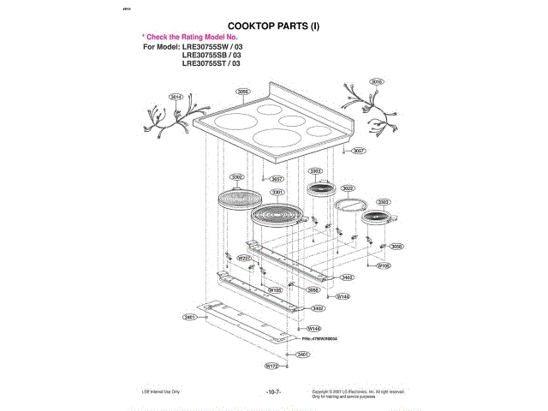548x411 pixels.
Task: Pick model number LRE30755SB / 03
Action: coord(212,55)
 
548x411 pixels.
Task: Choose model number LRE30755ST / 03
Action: coord(212,63)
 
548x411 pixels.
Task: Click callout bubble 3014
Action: coord(177,97)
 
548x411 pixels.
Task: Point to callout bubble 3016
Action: coord(376,81)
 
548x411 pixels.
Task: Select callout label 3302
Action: coord(237,176)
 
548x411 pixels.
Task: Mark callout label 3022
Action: coord(348,188)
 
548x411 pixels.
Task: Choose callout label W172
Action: coord(271,366)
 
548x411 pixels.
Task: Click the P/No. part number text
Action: coord(319,339)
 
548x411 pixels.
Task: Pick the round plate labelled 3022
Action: coord(350,205)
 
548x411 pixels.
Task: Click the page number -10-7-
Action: coord(273,391)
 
